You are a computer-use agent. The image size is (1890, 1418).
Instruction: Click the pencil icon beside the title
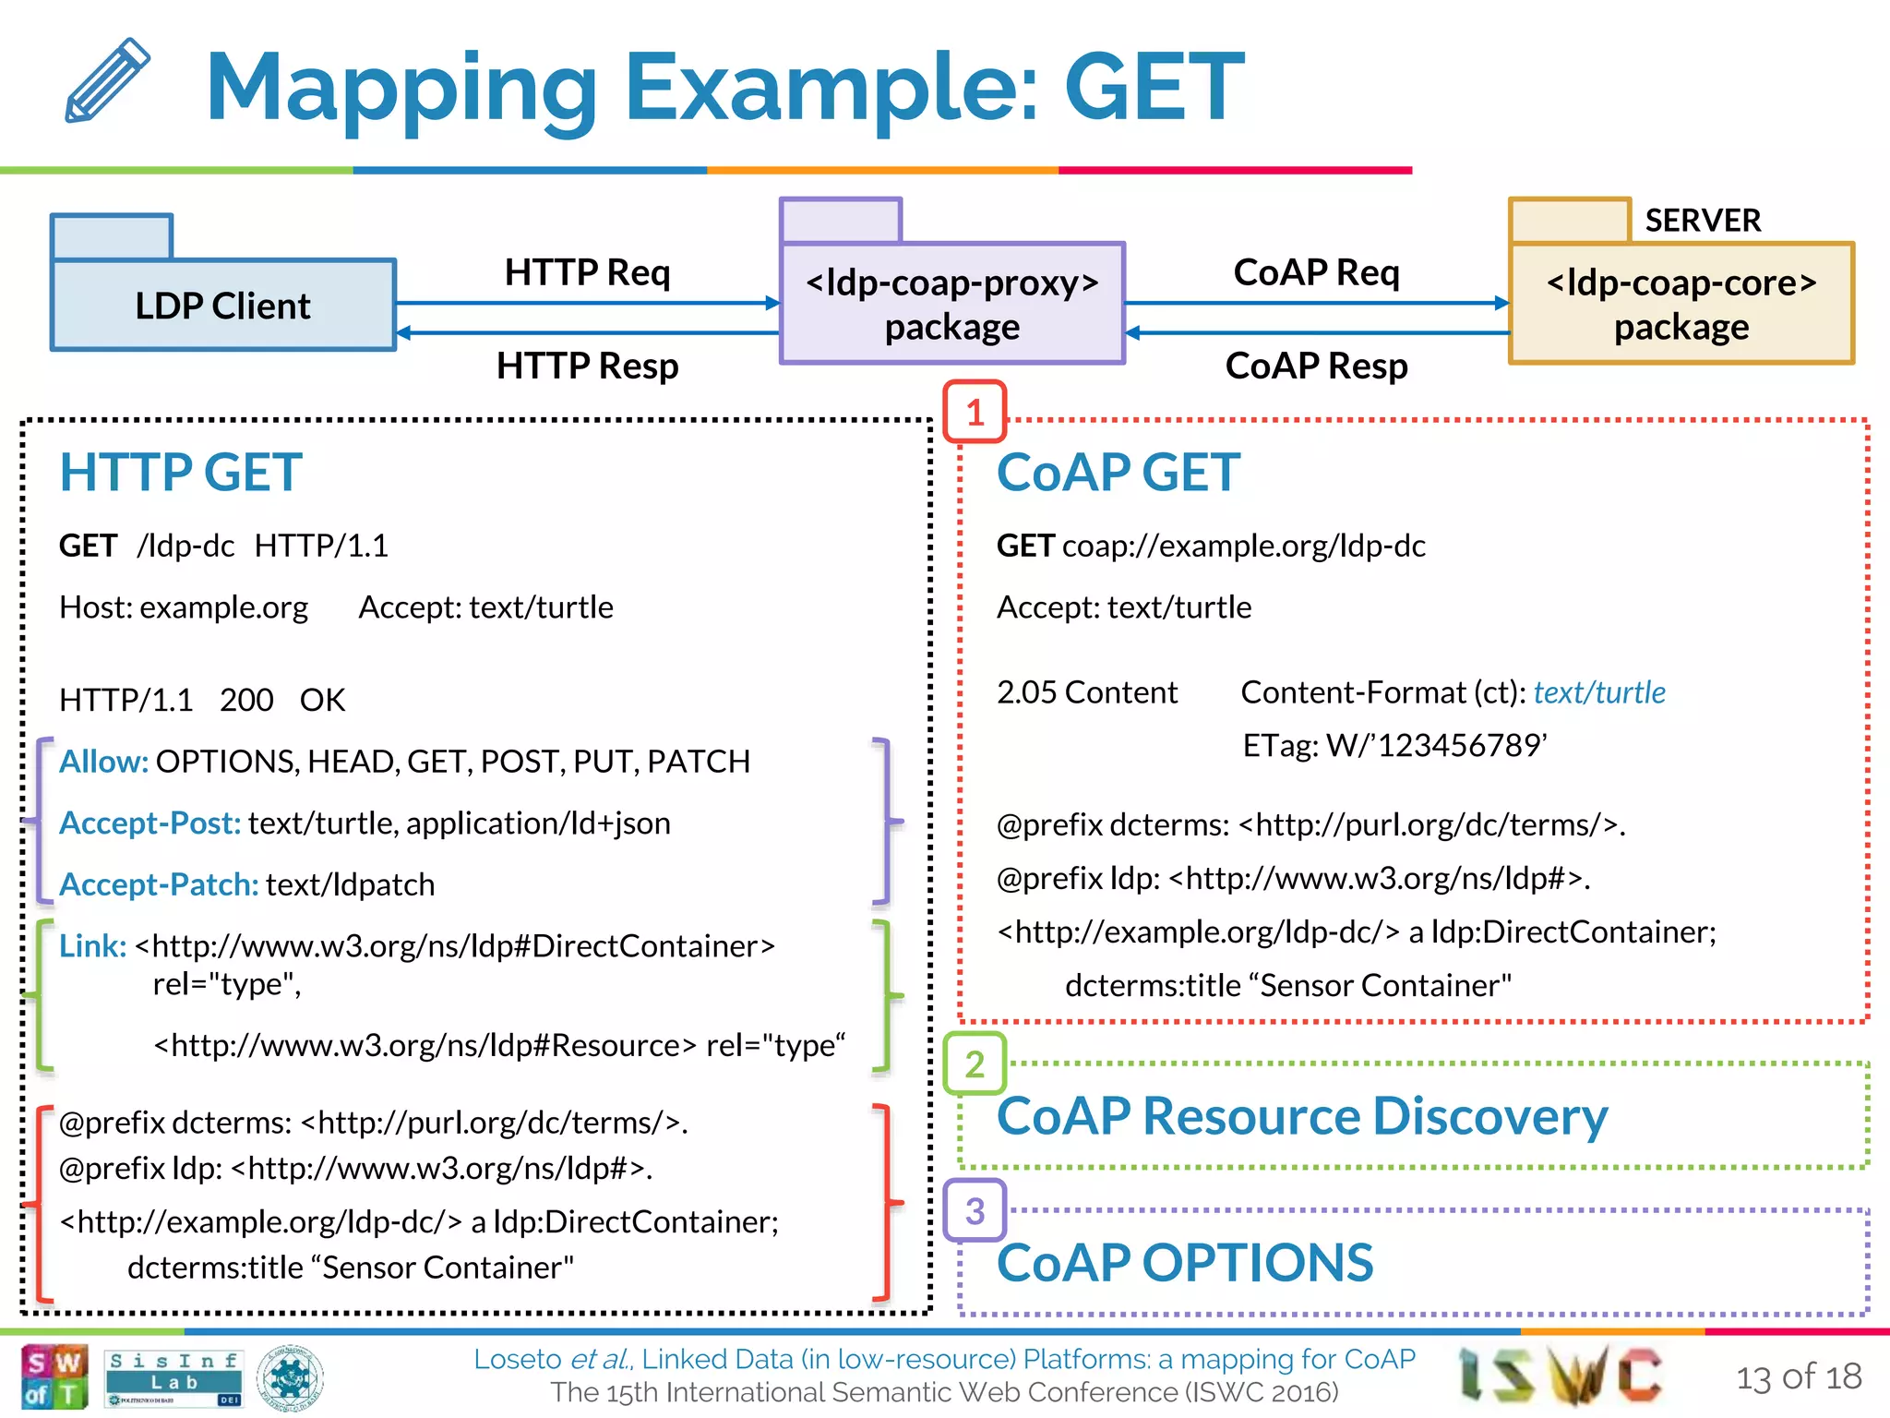click(107, 80)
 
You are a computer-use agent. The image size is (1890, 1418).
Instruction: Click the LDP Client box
click(222, 305)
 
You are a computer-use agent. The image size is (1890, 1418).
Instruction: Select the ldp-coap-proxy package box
click(951, 304)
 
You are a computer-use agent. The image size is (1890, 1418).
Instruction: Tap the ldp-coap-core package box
click(1681, 304)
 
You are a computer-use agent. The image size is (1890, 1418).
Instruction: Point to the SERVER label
click(1702, 221)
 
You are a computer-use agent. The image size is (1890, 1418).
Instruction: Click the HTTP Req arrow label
click(587, 272)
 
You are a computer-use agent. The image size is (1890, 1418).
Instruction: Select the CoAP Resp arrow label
click(1316, 366)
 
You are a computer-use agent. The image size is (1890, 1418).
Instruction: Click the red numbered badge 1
click(975, 412)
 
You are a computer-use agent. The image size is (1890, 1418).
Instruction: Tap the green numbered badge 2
click(975, 1064)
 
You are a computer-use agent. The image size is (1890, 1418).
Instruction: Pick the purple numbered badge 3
click(975, 1210)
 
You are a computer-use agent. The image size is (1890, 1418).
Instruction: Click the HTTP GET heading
click(181, 472)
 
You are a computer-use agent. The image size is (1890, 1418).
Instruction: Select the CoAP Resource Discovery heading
click(1301, 1116)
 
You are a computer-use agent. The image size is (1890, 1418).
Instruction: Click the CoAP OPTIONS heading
click(1185, 1262)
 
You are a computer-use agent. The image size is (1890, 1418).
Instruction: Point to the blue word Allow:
click(103, 762)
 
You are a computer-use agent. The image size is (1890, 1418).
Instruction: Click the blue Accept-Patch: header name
click(159, 884)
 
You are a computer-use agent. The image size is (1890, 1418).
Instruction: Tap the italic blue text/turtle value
click(1598, 692)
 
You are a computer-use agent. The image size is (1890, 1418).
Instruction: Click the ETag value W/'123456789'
click(1436, 745)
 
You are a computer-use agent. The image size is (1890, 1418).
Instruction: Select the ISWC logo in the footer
click(1560, 1376)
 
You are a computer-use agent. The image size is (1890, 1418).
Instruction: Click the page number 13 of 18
click(1798, 1376)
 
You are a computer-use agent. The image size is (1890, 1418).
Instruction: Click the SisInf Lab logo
click(173, 1376)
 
